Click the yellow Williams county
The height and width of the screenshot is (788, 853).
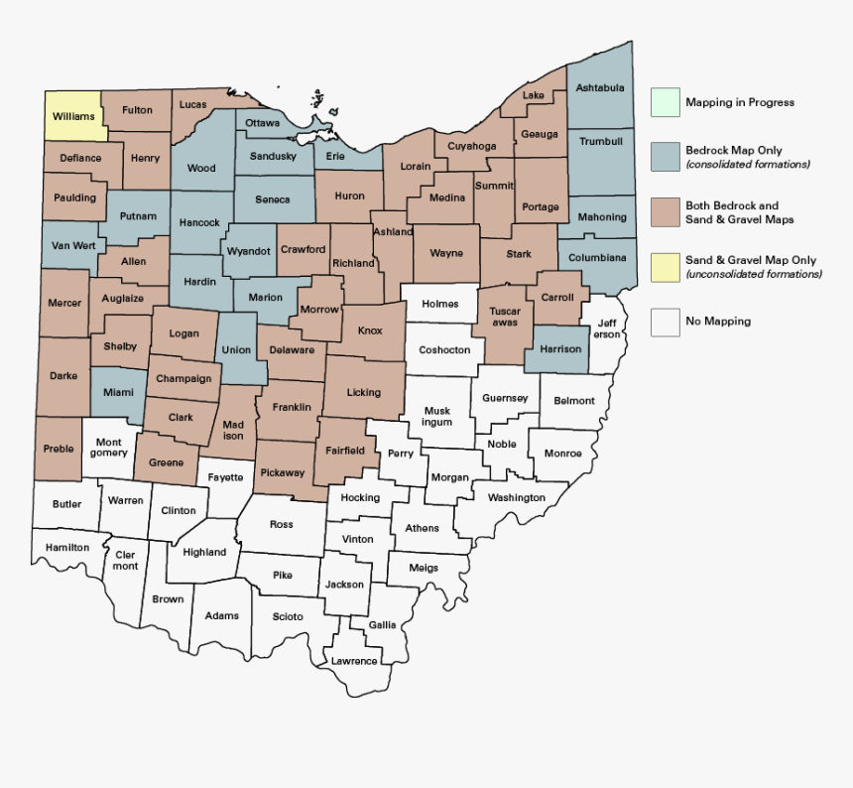point(73,116)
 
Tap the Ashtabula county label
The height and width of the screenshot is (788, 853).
point(600,88)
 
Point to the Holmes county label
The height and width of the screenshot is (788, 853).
point(439,304)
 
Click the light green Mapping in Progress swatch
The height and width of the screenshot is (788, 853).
point(666,102)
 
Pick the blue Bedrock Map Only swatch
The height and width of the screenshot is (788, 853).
point(666,156)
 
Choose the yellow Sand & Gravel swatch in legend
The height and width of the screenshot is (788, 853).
point(666,267)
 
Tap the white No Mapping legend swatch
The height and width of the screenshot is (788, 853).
point(666,322)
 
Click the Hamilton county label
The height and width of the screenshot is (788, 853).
point(66,547)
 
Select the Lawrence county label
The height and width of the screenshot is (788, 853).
point(354,661)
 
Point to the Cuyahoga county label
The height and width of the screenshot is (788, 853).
point(472,146)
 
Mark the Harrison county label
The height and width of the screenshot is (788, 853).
point(560,349)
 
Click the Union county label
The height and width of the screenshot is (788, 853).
point(236,350)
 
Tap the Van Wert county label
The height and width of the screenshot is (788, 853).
point(73,245)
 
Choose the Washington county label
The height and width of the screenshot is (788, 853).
point(517,497)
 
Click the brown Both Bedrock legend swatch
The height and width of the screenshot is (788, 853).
point(666,211)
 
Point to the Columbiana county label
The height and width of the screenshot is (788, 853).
point(598,258)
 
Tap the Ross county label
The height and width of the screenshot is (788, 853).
point(282,524)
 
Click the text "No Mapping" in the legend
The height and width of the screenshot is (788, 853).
point(718,322)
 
